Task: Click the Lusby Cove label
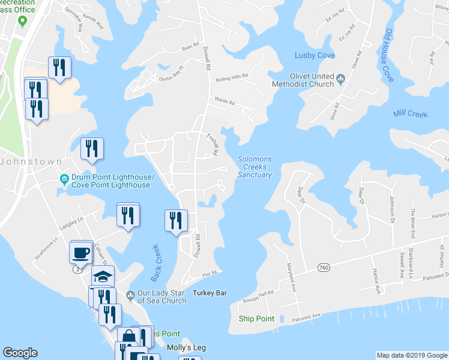pos(314,55)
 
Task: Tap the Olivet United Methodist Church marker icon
pos(341,77)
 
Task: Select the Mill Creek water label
pos(411,113)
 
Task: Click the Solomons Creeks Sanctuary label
pos(255,167)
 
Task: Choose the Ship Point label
pos(256,318)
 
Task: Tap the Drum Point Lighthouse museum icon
pos(64,178)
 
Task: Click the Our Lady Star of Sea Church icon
pos(130,294)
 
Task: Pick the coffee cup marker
pos(81,253)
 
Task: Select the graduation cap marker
pos(103,276)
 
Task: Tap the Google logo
pos(20,353)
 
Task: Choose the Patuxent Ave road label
pos(307,314)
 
